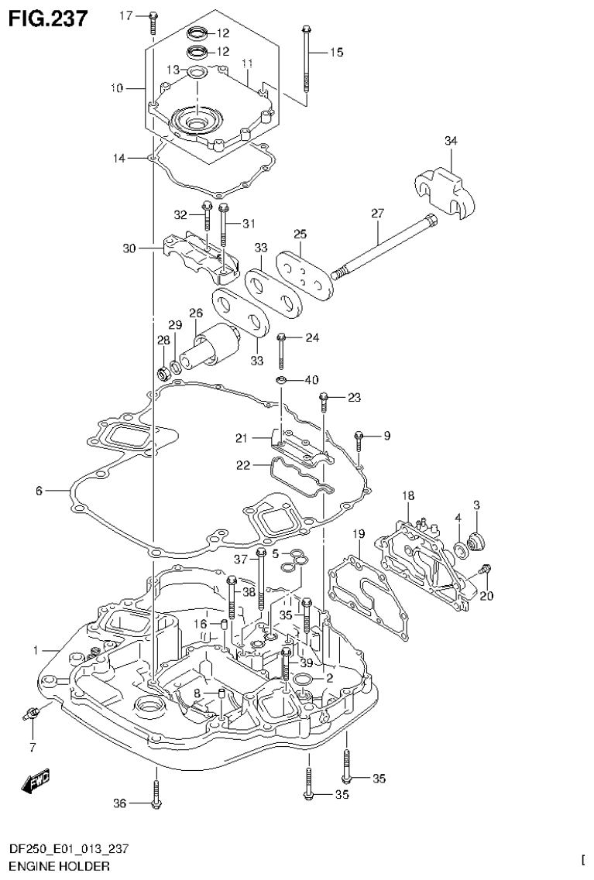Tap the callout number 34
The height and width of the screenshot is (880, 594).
[x=451, y=140]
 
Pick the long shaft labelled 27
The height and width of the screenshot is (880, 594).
[x=379, y=248]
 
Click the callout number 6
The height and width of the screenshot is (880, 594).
[x=39, y=490]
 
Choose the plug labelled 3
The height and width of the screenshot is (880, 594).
[x=477, y=539]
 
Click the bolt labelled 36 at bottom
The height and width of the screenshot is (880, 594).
[x=156, y=796]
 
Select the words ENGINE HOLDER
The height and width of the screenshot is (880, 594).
[x=48, y=865]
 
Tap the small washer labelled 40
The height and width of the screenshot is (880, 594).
[x=283, y=379]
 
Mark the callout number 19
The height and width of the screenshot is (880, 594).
[x=358, y=534]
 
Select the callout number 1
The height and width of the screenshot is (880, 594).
[x=36, y=650]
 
